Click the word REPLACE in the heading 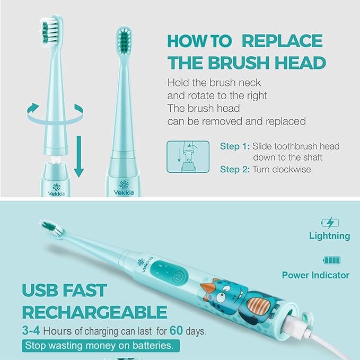coord(282,41)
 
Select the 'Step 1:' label coord(234,146)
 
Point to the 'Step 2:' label coord(234,170)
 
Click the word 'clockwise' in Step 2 coord(293,170)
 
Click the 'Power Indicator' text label coord(315,275)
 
